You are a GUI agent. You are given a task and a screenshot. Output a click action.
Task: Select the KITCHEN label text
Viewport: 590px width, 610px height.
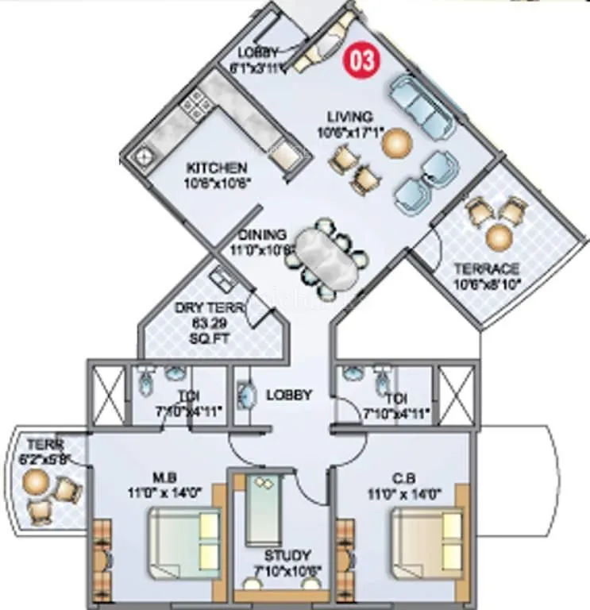(216, 168)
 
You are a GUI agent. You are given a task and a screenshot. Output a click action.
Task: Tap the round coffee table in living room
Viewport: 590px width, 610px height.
(396, 143)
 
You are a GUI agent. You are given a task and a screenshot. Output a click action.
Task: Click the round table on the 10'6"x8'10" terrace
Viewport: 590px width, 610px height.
(499, 236)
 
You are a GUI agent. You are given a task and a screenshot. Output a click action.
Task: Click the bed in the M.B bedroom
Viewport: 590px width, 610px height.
(186, 543)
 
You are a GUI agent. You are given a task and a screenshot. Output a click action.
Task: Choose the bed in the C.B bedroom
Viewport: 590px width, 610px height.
(429, 543)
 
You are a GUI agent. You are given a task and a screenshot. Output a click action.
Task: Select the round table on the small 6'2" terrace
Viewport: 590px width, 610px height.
(36, 481)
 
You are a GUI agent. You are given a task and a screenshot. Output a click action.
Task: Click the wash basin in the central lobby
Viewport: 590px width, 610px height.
(245, 395)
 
